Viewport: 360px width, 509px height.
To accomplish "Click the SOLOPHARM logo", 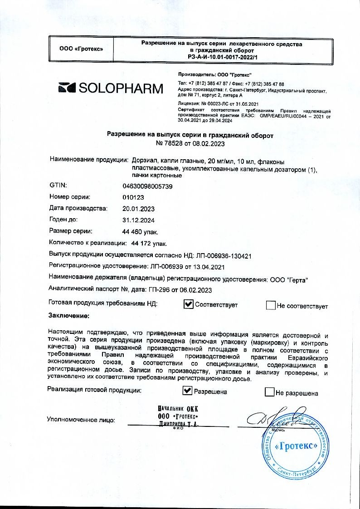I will click(x=111, y=88).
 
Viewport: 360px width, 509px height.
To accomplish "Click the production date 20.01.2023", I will click(x=139, y=209).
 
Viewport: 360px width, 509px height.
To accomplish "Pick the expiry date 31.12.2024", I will click(x=139, y=220).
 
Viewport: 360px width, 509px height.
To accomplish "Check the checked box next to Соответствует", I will click(x=189, y=305).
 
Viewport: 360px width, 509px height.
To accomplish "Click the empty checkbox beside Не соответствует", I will click(x=271, y=305).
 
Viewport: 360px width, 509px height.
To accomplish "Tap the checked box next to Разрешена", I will click(x=187, y=391).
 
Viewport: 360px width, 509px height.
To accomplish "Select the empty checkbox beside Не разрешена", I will click(x=270, y=392).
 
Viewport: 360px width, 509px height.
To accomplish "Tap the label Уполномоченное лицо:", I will click(x=81, y=420).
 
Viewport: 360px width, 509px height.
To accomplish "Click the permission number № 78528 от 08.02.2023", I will click(x=190, y=143).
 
